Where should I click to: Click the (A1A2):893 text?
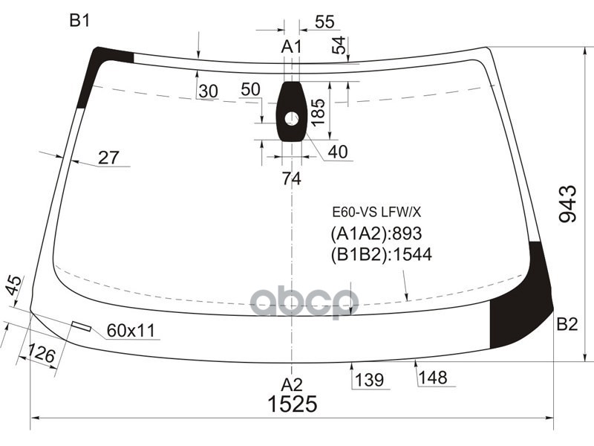click(375, 234)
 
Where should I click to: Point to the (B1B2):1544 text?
click(381, 255)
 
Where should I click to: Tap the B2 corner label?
click(567, 324)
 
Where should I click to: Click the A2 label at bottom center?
click(291, 384)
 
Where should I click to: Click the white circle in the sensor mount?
click(291, 118)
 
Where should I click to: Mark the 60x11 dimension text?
click(131, 331)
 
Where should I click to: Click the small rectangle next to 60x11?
click(81, 326)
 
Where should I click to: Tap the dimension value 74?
click(291, 178)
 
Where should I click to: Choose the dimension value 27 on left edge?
click(108, 158)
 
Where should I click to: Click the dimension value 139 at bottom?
click(368, 381)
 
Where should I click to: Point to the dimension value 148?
click(433, 378)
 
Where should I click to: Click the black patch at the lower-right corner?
click(523, 305)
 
